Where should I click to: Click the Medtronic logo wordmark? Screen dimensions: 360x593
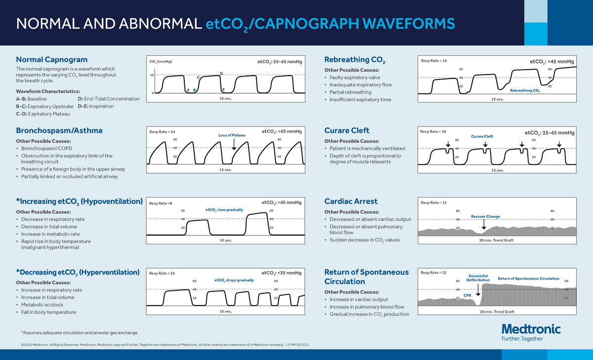pos(531,329)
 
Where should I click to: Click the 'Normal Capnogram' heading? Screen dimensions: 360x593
pos(52,60)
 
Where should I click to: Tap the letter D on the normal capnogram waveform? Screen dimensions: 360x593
pos(221,74)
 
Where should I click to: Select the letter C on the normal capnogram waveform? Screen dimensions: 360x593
pos(198,78)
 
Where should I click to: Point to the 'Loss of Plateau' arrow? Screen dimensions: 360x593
pos(234,144)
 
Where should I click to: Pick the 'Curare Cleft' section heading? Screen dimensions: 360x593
pos(346,130)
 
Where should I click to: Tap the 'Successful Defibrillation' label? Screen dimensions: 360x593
pos(478,278)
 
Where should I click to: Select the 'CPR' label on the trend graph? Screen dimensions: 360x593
pos(467,295)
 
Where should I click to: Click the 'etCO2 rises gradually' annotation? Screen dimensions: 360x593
pos(224,210)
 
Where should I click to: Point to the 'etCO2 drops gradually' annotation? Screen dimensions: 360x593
pos(234,280)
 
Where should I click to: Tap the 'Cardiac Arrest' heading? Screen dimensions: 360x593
pos(350,201)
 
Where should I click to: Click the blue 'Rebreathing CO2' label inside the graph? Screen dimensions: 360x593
pos(525,90)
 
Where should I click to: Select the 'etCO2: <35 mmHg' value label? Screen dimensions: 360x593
pos(281,273)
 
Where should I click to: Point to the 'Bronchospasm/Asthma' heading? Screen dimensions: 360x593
pos(59,130)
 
